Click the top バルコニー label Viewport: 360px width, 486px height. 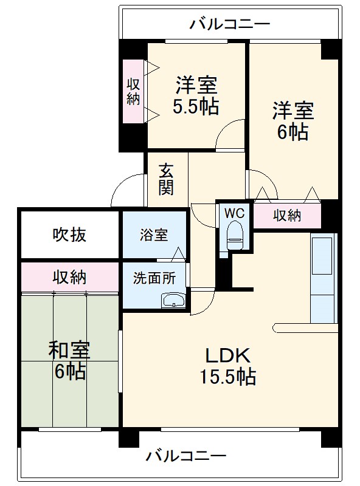pyautogui.click(x=229, y=24)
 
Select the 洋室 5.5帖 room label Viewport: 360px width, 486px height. pyautogui.click(x=196, y=95)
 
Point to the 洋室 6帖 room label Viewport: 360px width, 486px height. pyautogui.click(x=292, y=121)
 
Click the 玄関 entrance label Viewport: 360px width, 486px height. pyautogui.click(x=166, y=179)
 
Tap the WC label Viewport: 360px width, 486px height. pyautogui.click(x=234, y=213)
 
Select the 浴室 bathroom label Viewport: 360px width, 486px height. pyautogui.click(x=154, y=234)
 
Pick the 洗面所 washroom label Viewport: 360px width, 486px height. pyautogui.click(x=154, y=278)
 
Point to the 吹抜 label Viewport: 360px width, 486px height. pyautogui.click(x=69, y=234)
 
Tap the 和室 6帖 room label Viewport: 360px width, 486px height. pyautogui.click(x=69, y=360)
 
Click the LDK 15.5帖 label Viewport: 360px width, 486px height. pyautogui.click(x=227, y=366)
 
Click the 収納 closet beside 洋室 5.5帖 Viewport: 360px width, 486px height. pyautogui.click(x=133, y=91)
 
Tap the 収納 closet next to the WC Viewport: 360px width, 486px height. pyautogui.click(x=287, y=215)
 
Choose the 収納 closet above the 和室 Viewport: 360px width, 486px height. pyautogui.click(x=69, y=277)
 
